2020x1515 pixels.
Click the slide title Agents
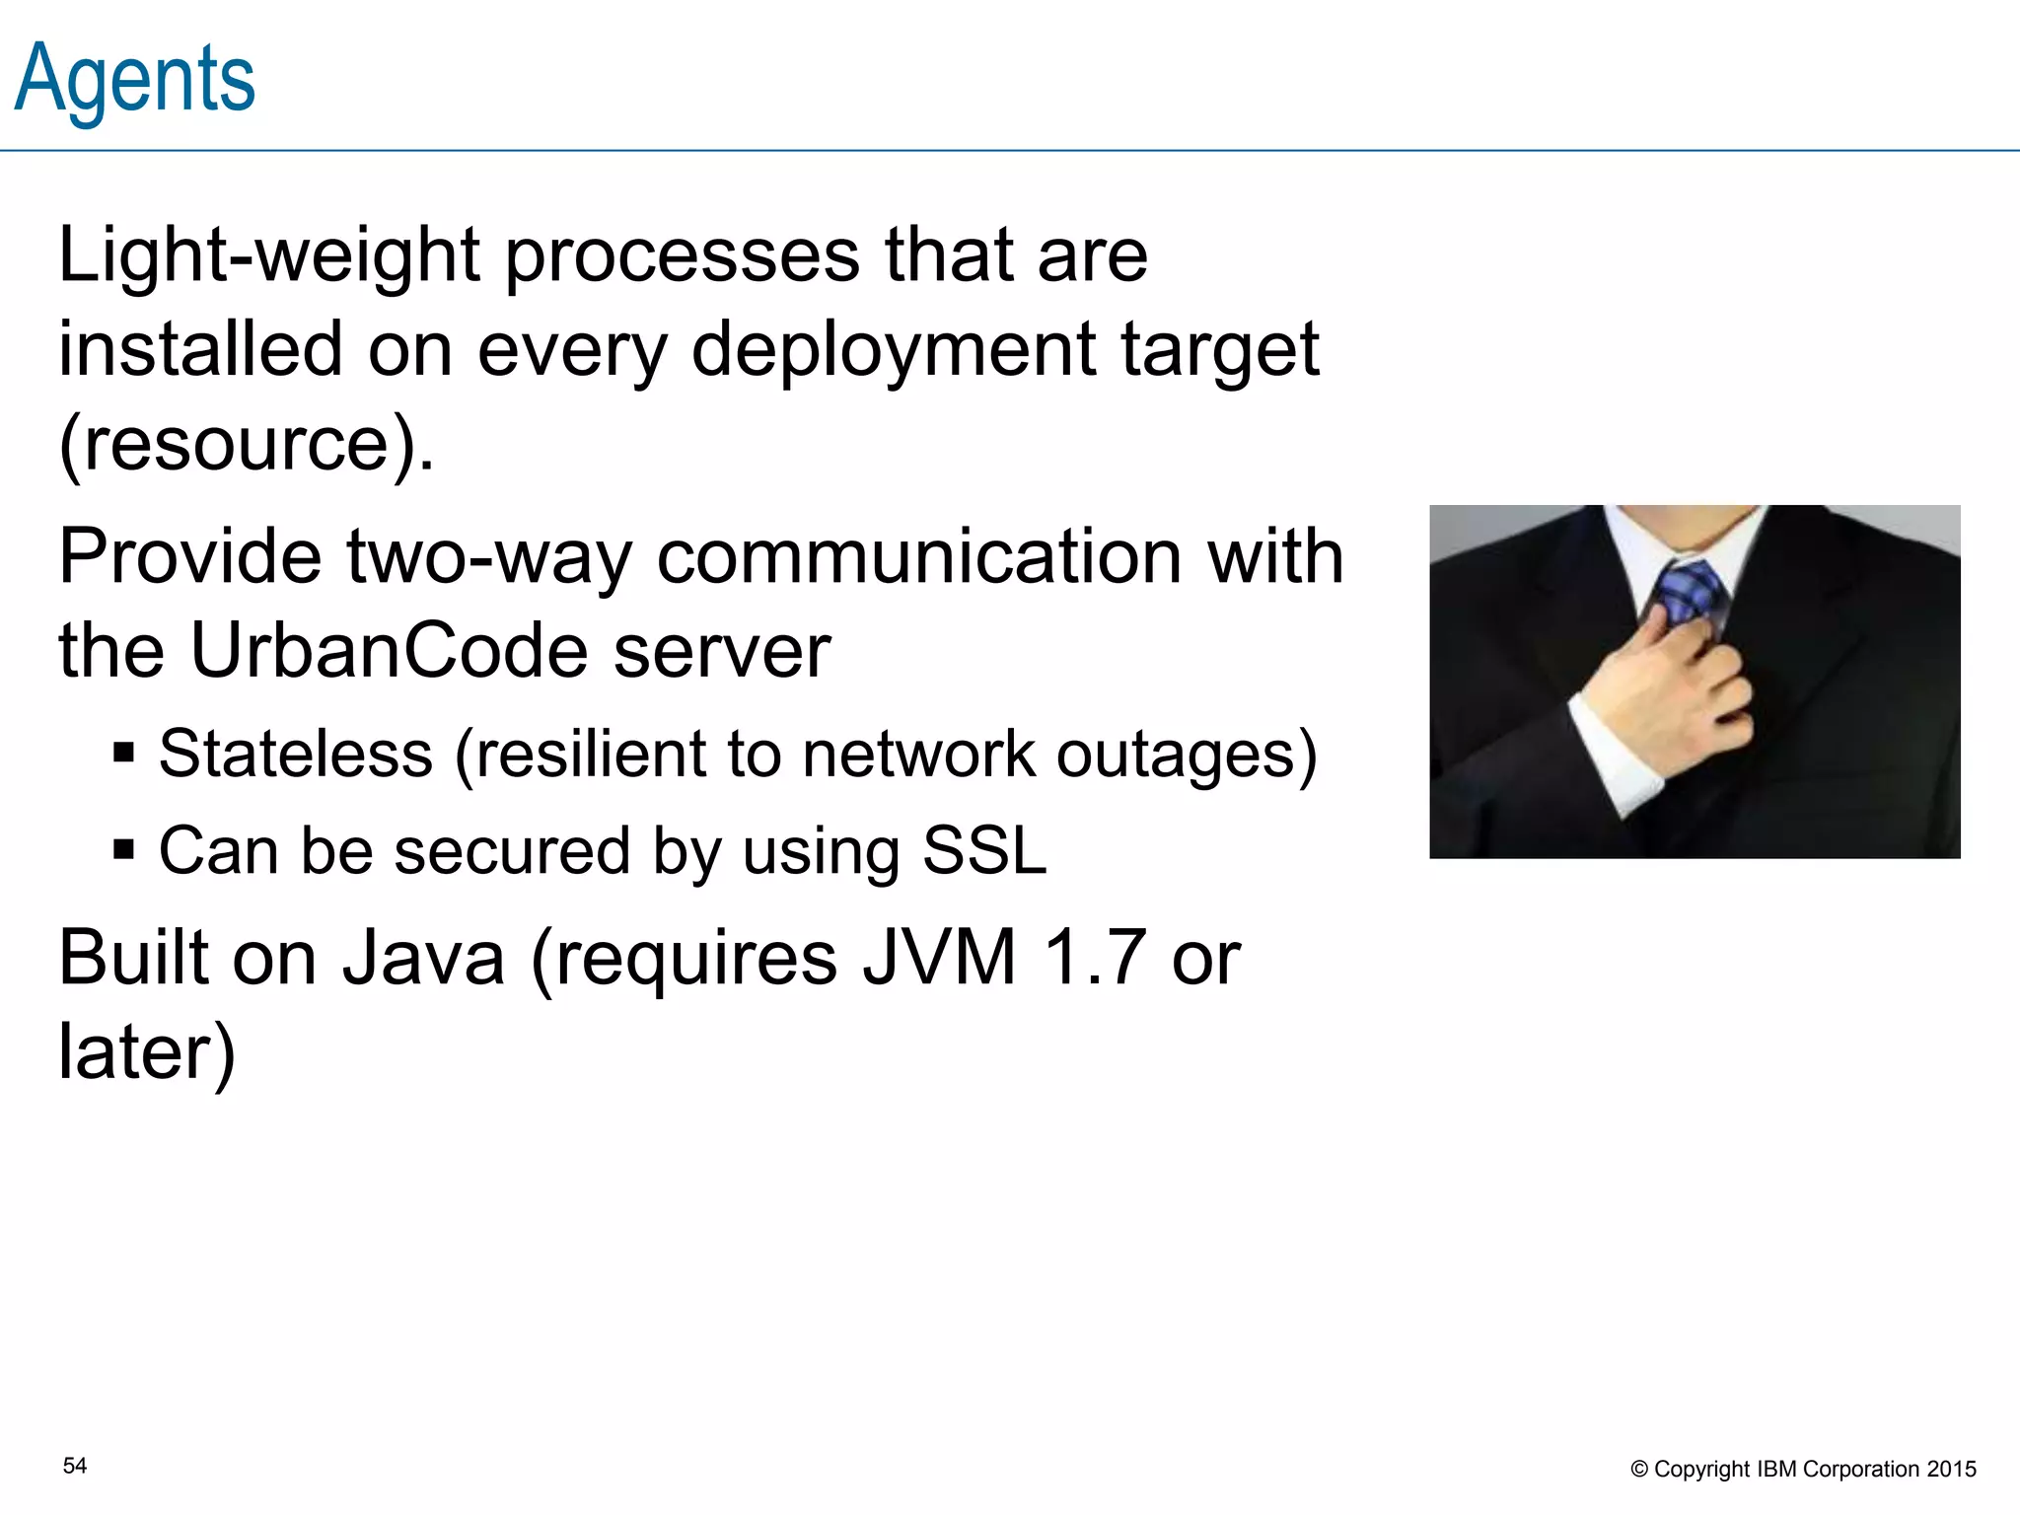coord(135,79)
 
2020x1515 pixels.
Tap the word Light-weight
coord(269,255)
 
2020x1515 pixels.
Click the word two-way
coord(488,557)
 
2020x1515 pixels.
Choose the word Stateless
coord(296,755)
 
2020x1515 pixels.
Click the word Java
coord(423,958)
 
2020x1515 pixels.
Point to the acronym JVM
coord(939,958)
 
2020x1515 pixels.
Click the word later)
coord(147,1052)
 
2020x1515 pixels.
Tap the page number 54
coord(75,1466)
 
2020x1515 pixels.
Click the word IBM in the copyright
coord(1777,1470)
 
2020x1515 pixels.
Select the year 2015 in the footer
coord(1951,1470)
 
